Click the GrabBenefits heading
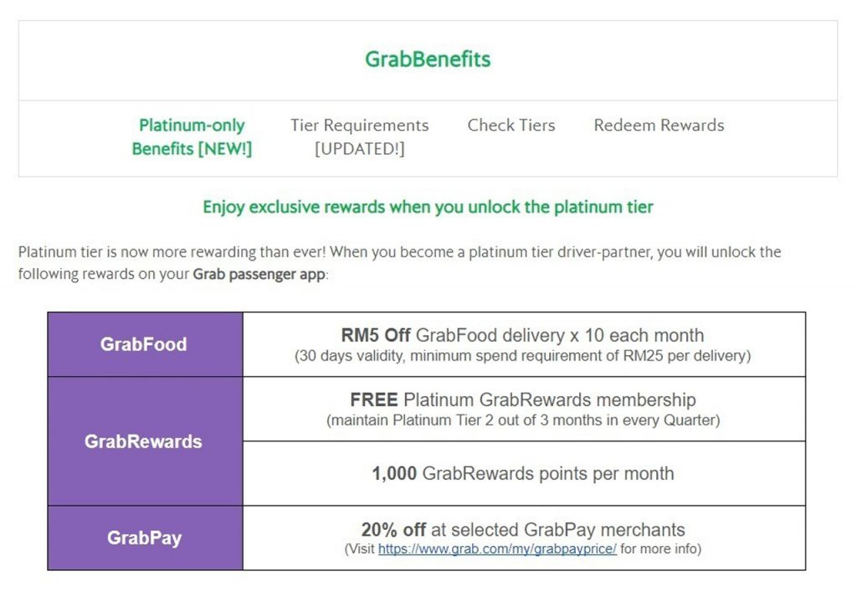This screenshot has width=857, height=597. pos(428,59)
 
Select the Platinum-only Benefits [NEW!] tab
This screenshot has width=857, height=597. pos(192,136)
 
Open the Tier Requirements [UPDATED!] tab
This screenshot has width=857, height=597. pos(360,136)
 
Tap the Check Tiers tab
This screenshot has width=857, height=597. pos(511,126)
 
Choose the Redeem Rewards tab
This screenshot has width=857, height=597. pos(659,126)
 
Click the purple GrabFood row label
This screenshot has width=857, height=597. pos(144,344)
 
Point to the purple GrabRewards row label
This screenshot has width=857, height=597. pos(143,441)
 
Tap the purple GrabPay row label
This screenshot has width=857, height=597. pos(144,538)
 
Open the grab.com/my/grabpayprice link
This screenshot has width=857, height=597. pos(497,548)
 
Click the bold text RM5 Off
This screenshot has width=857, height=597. pos(376,335)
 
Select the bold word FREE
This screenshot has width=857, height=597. pos(374,399)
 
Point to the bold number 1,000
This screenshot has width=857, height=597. pos(394,473)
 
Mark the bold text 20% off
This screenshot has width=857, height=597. pos(393,529)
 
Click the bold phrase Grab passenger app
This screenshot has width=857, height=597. pos(259,274)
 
